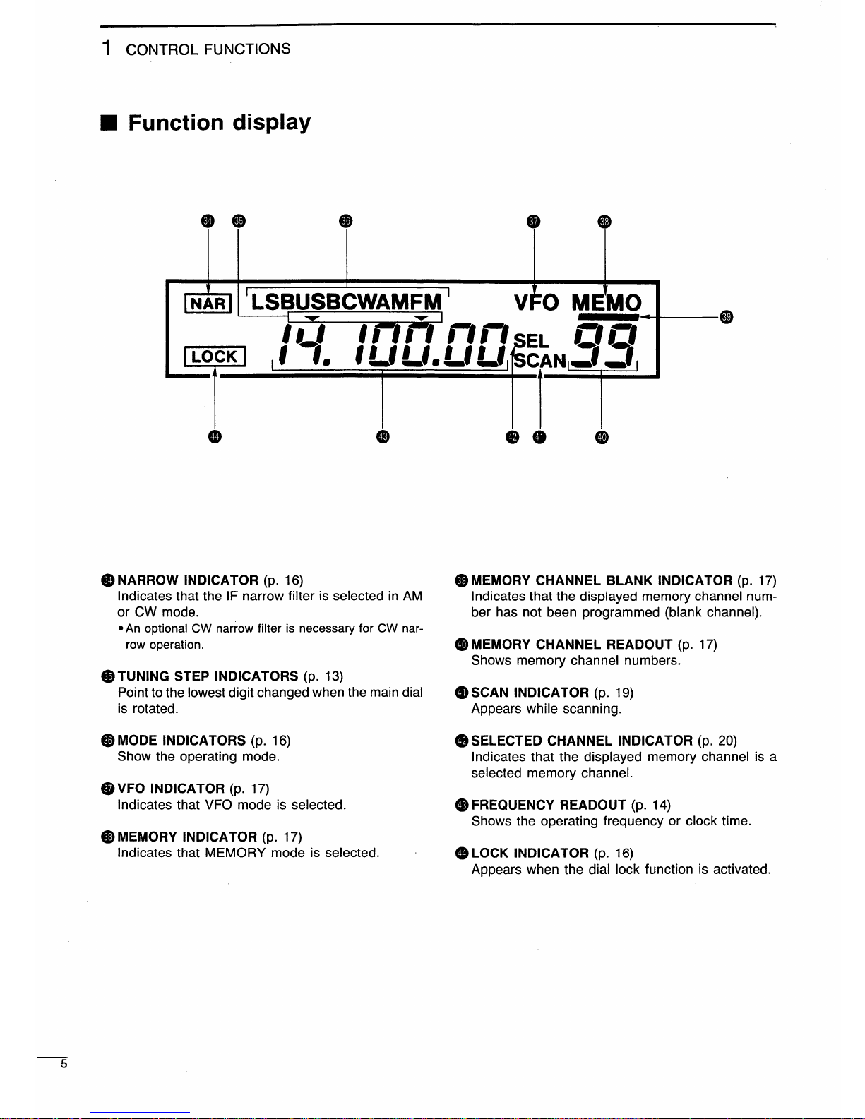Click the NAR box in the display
208,303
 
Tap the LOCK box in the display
215,357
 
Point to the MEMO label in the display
607,303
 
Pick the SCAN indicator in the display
540,361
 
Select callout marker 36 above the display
345,221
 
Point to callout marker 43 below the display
382,437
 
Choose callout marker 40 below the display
601,437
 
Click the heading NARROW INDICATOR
188,580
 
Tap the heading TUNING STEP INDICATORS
208,676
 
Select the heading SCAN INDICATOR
530,693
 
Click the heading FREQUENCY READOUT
549,805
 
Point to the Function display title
219,123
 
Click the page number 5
64,1064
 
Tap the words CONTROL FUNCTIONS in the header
208,49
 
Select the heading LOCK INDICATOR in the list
530,853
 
